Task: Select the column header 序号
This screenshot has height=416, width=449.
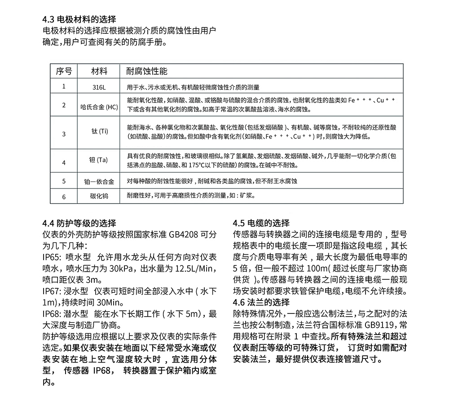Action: [x=64, y=72]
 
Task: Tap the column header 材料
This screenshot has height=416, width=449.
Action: [x=99, y=72]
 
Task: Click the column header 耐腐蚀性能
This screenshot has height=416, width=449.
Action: [x=147, y=72]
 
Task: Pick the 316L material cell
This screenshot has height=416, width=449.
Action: [x=99, y=87]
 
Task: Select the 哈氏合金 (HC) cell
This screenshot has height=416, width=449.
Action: [x=99, y=107]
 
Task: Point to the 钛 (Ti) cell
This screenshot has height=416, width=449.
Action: [x=100, y=131]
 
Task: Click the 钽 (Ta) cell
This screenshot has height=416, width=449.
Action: [x=99, y=160]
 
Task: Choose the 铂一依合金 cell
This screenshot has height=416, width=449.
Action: [x=99, y=182]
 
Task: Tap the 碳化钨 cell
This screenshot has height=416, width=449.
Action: [x=99, y=196]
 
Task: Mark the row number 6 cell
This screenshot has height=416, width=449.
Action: [x=64, y=197]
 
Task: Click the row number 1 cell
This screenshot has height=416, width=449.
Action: [x=64, y=86]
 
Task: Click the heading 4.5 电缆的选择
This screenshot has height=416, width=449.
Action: [x=262, y=223]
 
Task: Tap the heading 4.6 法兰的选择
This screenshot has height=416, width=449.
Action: [x=262, y=302]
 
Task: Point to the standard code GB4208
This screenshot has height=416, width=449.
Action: [x=184, y=235]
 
